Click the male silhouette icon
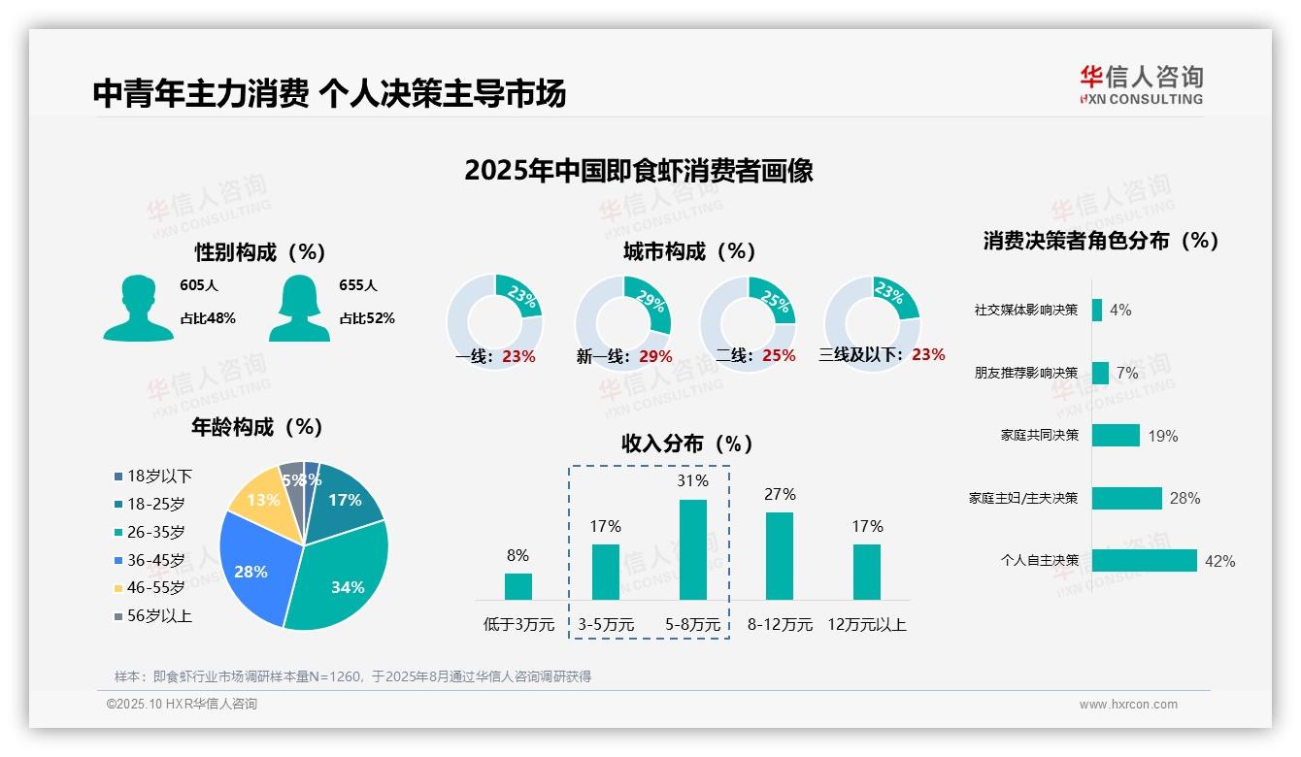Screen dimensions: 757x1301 pos(138,308)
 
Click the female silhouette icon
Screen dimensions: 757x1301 pos(299,308)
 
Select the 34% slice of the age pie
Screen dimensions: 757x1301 pos(340,573)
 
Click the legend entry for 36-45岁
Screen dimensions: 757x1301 pos(155,560)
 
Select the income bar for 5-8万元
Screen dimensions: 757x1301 pos(693,549)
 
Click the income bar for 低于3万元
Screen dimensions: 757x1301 pos(518,586)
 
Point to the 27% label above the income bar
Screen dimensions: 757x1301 pos(780,495)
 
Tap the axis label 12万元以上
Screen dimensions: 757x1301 pos(866,625)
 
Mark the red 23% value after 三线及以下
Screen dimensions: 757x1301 pos(928,355)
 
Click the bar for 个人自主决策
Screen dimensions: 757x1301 pos(1144,561)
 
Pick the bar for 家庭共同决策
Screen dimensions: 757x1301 pos(1116,436)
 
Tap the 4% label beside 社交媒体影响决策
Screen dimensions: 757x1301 pos(1120,311)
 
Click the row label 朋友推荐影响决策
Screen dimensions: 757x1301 pos(1026,373)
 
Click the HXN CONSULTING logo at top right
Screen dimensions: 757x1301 pos(1141,85)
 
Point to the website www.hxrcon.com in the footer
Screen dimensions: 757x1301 pos(1128,705)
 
